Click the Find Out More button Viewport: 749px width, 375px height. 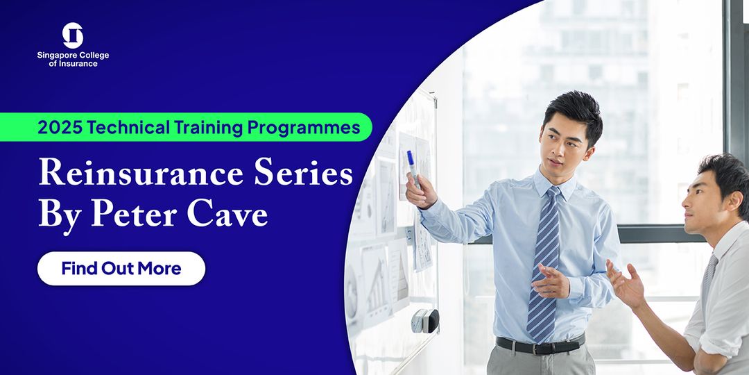[121, 269]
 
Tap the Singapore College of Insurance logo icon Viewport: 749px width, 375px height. [73, 35]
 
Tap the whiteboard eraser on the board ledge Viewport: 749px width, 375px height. [425, 321]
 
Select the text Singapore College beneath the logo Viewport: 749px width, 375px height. [73, 56]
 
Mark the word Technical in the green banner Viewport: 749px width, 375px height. [129, 128]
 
